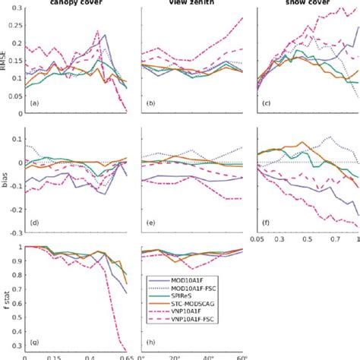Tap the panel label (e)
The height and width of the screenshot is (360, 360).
(x=150, y=223)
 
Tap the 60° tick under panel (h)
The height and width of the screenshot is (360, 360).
(x=240, y=357)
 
